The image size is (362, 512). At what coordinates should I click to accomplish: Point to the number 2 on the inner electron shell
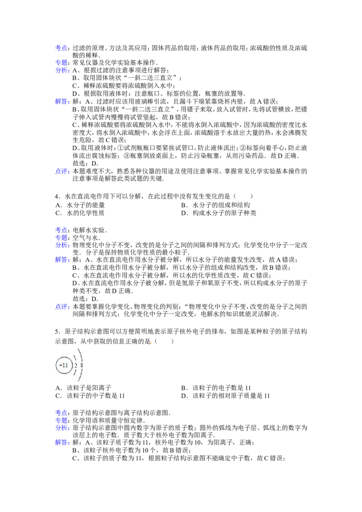pos(76,365)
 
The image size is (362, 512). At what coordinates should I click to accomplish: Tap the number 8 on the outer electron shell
pos(82,365)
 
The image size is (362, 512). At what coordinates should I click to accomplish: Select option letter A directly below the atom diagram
pos(58,388)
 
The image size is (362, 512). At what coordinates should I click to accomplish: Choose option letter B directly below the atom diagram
pos(184,388)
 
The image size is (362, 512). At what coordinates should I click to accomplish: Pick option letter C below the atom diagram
pos(58,395)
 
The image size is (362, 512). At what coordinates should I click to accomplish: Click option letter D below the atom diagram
pos(184,395)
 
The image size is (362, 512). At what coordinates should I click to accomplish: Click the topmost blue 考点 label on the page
pos(62,47)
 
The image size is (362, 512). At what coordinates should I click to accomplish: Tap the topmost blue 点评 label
pos(62,171)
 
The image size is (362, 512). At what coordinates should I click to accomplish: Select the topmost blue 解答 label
pos(62,101)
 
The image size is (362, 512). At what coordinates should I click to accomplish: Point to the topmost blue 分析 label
pos(62,70)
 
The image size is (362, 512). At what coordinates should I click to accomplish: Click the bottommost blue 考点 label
pos(62,412)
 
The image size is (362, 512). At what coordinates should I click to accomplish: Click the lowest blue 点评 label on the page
pos(62,307)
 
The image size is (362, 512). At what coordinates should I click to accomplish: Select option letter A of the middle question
pos(58,206)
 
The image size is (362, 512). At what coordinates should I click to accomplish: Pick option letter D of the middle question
pos(184,213)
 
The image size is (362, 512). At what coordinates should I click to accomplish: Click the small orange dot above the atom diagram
pos(151,342)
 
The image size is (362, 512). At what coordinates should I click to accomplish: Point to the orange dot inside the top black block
pos(94,149)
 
